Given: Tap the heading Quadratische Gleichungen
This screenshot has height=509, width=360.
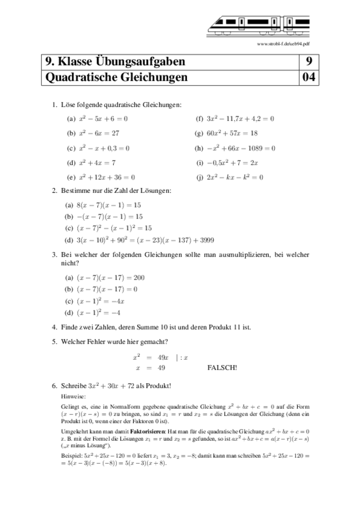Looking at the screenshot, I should click(x=116, y=78).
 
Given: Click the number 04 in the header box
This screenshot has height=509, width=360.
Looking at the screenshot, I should click(x=309, y=78).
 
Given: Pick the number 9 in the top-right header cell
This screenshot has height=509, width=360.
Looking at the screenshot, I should click(x=309, y=62).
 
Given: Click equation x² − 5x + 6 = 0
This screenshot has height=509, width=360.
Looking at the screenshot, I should click(x=103, y=119).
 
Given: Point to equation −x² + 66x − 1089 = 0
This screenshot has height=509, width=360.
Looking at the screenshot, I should click(x=241, y=148).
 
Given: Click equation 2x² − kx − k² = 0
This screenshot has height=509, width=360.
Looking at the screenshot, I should click(x=235, y=177).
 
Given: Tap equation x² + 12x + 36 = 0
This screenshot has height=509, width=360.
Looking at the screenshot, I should click(x=107, y=177).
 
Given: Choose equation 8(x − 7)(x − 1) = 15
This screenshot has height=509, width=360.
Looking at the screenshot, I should click(x=109, y=205).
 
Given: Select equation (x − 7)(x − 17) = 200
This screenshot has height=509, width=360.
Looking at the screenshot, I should click(x=110, y=278).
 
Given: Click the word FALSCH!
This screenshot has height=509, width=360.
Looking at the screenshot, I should click(x=222, y=368).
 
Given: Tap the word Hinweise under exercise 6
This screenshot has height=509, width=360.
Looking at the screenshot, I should click(x=73, y=396).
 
